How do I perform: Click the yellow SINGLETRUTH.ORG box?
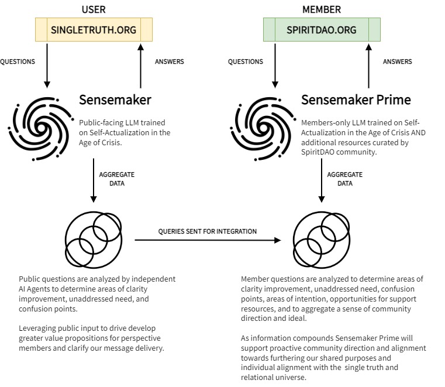click(x=94, y=30)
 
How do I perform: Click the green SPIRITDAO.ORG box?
click(x=322, y=30)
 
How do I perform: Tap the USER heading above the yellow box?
click(x=94, y=10)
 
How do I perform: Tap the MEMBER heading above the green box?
click(x=322, y=10)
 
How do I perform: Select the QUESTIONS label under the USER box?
click(x=18, y=61)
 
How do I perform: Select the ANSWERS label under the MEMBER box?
click(x=397, y=61)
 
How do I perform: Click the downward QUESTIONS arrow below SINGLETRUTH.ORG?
click(x=47, y=64)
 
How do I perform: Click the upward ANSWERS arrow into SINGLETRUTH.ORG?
click(x=140, y=64)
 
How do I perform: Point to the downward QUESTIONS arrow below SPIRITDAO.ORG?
click(x=275, y=64)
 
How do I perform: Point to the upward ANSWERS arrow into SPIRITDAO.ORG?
click(x=368, y=64)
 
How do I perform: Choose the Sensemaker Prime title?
click(x=356, y=100)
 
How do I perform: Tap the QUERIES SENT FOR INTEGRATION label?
click(x=207, y=231)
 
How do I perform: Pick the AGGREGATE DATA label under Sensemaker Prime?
click(x=344, y=179)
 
